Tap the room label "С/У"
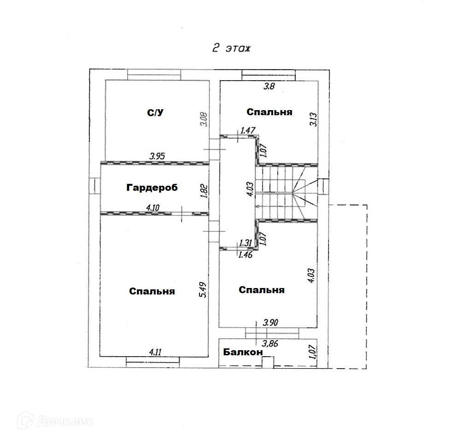155,113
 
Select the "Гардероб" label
152,188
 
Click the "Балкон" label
243,352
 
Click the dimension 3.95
158,157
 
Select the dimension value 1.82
205,190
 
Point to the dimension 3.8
268,86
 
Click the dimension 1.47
248,131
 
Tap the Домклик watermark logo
55,420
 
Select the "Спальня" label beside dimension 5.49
152,291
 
